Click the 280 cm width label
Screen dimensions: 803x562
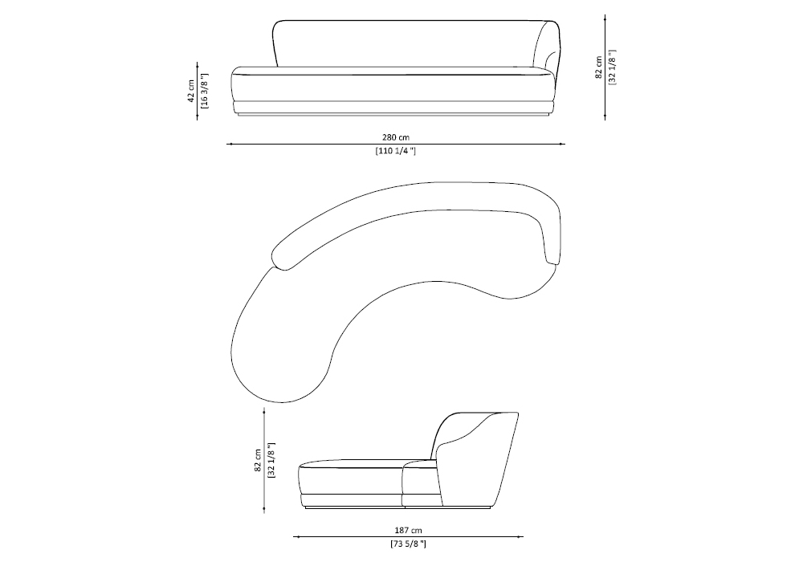395,137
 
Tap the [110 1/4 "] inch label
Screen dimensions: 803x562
395,151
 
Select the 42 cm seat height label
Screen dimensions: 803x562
191,91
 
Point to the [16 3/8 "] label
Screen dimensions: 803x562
205,91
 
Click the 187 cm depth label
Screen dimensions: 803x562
409,531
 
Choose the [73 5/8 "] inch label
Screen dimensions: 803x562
408,544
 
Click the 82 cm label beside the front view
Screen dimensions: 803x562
599,67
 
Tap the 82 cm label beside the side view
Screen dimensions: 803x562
258,460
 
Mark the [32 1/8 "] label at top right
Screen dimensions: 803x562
613,67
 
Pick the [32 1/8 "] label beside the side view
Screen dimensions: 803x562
271,460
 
